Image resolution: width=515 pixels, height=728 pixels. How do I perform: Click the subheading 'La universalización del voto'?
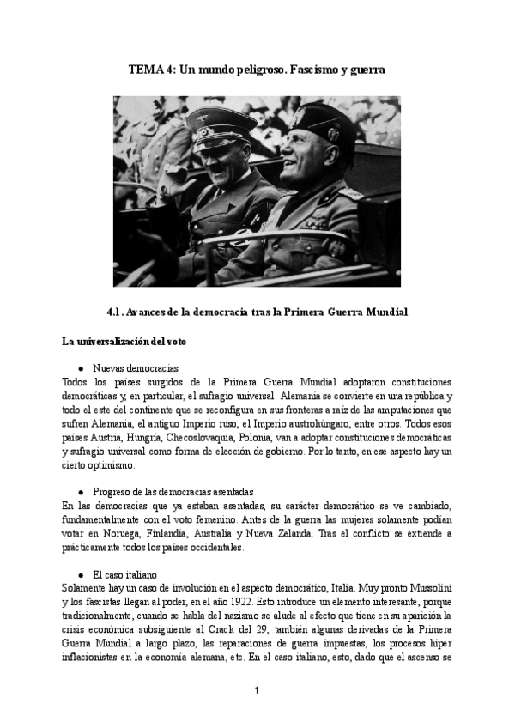(x=124, y=341)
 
